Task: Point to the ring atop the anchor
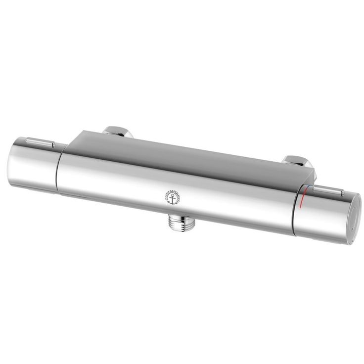point(173,196)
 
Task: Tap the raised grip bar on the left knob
point(41,142)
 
